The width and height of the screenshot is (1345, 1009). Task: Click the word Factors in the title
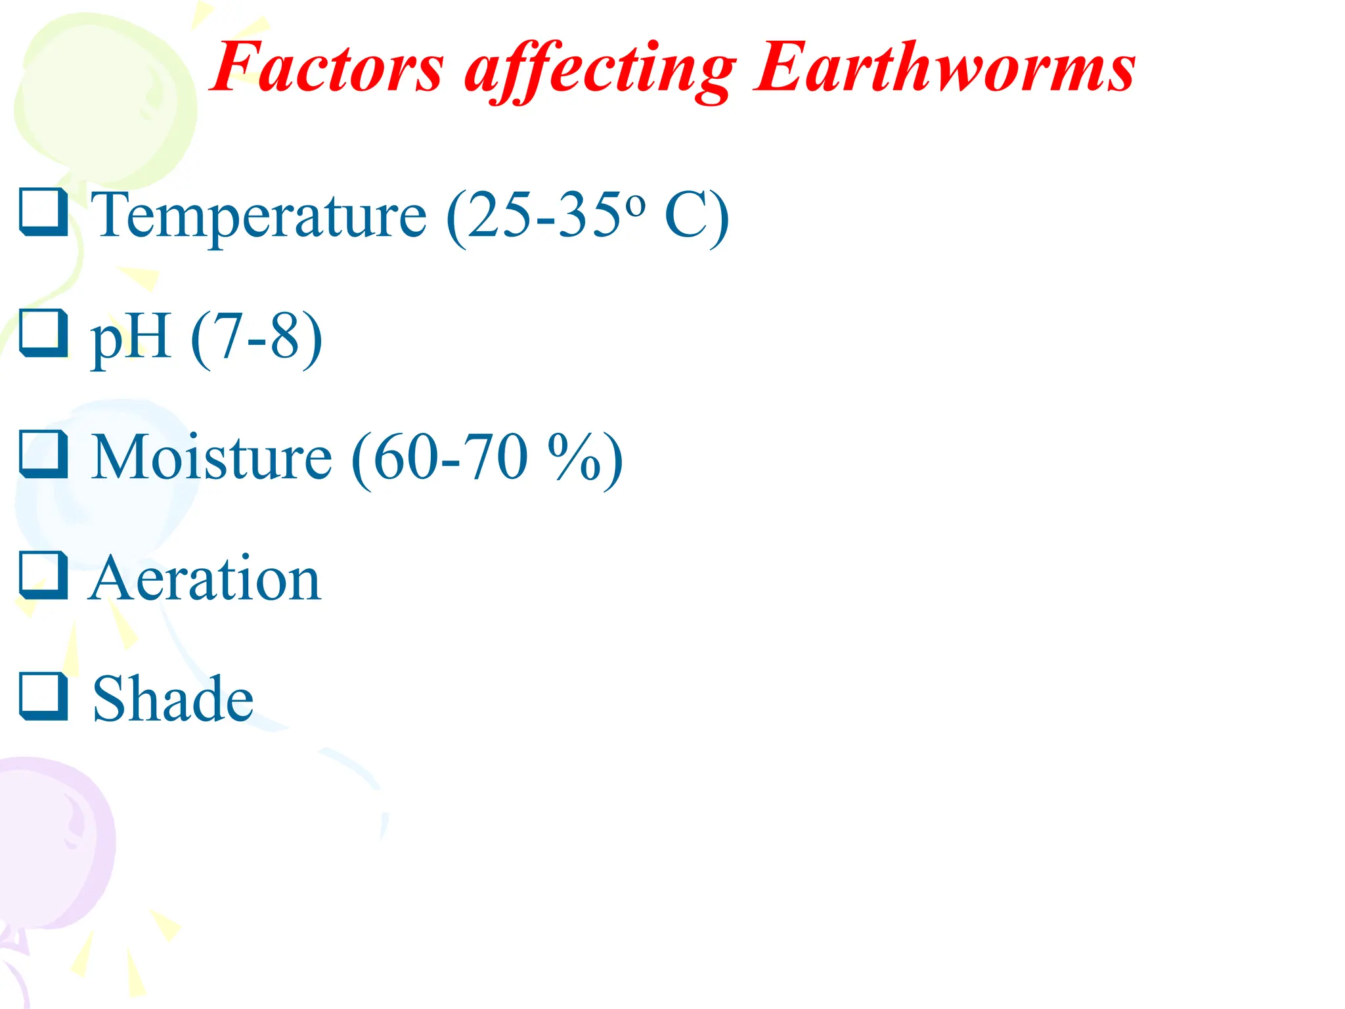coord(327,68)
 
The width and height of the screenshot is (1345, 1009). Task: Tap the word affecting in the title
coord(599,70)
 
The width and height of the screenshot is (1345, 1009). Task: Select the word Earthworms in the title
coord(944,68)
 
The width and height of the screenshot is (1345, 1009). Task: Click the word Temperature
coord(259,215)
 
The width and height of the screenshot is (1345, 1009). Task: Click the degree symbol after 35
coord(635,205)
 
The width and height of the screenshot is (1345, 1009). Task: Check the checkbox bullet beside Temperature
coord(43,212)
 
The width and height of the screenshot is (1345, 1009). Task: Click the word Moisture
coord(211,457)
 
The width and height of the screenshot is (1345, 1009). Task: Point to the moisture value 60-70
coord(451,457)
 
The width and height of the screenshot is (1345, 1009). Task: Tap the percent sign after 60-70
coord(575,457)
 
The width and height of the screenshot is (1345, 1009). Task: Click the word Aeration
coord(205,578)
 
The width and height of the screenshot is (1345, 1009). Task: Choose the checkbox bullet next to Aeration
coord(43,575)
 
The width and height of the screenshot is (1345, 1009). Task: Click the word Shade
coord(173,699)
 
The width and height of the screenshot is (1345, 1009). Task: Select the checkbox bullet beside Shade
coord(43,696)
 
